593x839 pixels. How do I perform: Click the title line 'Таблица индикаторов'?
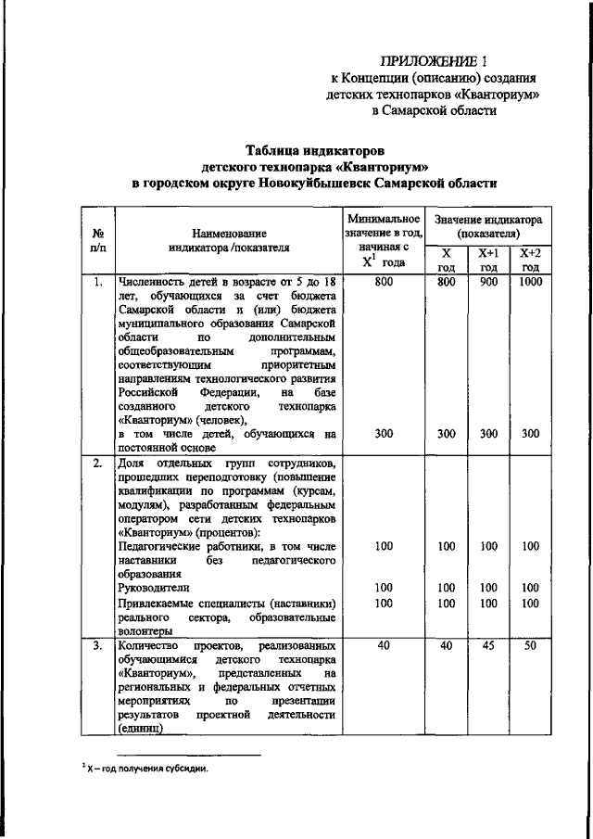pos(314,149)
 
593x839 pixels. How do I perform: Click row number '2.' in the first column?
pos(97,463)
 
